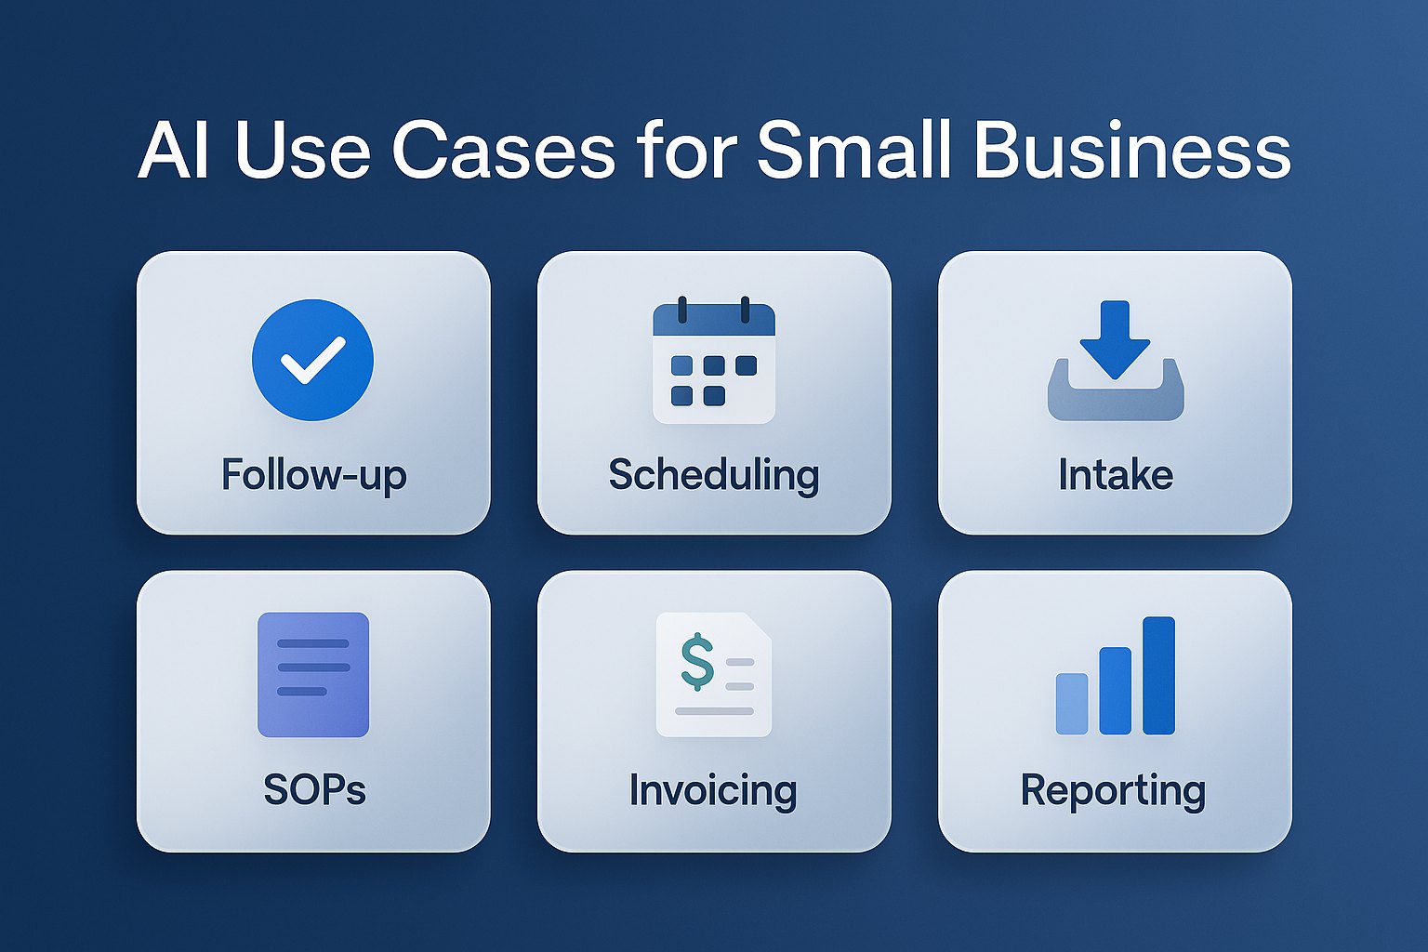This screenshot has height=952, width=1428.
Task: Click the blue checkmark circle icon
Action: (x=312, y=360)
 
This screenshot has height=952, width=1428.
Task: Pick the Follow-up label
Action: (x=313, y=475)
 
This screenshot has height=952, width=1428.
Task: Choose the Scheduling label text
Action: (x=714, y=475)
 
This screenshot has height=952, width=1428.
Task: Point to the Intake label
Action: (x=1116, y=475)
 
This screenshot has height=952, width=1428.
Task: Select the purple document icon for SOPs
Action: (x=313, y=674)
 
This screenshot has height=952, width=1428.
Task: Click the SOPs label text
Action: (x=314, y=790)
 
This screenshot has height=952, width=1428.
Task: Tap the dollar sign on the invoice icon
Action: (x=697, y=661)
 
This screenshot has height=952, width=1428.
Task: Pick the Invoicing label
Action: (x=713, y=790)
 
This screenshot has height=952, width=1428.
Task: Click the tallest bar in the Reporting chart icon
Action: (x=1158, y=675)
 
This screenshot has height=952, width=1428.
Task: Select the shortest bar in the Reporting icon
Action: (x=1072, y=704)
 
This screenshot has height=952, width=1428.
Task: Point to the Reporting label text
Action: (x=1113, y=790)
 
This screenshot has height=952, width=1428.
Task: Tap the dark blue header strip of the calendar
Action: (x=714, y=321)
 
